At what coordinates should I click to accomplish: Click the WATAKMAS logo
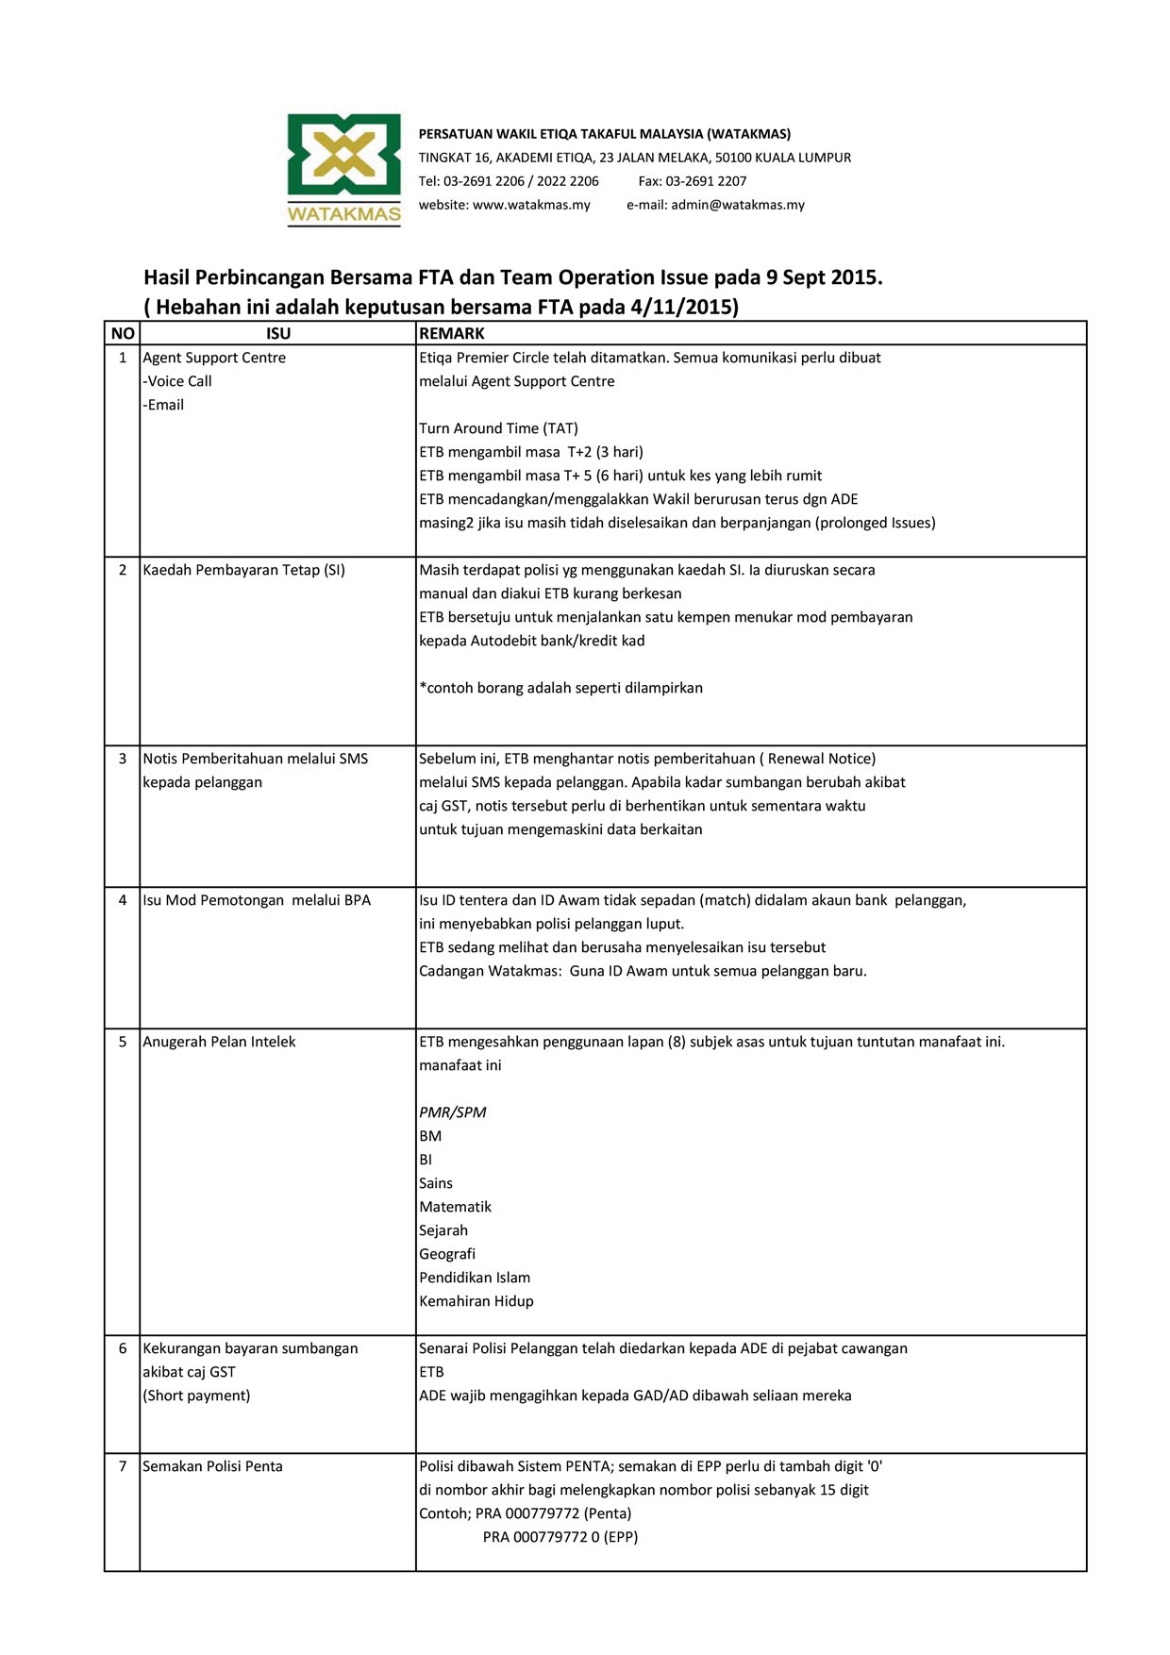344,170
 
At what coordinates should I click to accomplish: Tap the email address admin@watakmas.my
737,205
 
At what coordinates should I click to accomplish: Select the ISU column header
278,333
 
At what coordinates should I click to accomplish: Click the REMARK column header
452,333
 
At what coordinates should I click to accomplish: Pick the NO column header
123,333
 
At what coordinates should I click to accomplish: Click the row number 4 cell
123,900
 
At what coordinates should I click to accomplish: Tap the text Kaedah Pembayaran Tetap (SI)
243,570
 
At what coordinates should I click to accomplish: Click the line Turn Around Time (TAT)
498,428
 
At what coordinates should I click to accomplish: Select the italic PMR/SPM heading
453,1112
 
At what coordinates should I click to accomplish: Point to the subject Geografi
447,1254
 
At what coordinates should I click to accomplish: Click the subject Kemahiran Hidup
476,1301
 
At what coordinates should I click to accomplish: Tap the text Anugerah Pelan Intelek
219,1042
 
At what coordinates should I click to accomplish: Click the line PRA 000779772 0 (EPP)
560,1537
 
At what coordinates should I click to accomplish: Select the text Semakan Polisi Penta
212,1466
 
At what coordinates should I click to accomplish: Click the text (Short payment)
196,1396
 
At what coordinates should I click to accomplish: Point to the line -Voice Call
177,381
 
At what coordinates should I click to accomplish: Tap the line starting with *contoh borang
560,688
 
